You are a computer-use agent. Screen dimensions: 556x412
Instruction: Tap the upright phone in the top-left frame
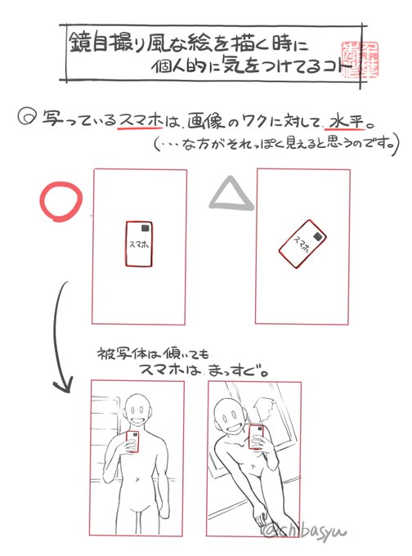click(137, 244)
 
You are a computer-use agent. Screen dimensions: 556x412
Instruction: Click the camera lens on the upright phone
click(144, 229)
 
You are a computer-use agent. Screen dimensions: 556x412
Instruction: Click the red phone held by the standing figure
click(132, 442)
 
